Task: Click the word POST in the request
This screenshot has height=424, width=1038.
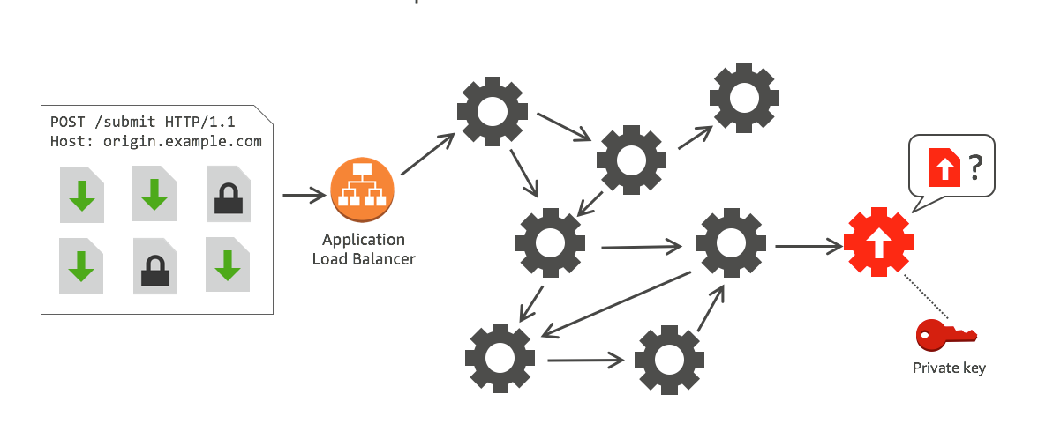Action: (67, 121)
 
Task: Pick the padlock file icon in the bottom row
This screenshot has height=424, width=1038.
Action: (155, 265)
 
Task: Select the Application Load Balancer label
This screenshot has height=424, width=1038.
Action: (363, 249)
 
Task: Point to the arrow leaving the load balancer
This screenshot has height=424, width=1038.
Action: (427, 153)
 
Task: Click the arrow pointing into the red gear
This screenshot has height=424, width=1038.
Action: (807, 246)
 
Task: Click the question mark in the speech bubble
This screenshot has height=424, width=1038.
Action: (974, 165)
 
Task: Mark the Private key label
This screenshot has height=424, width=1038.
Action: (948, 368)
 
